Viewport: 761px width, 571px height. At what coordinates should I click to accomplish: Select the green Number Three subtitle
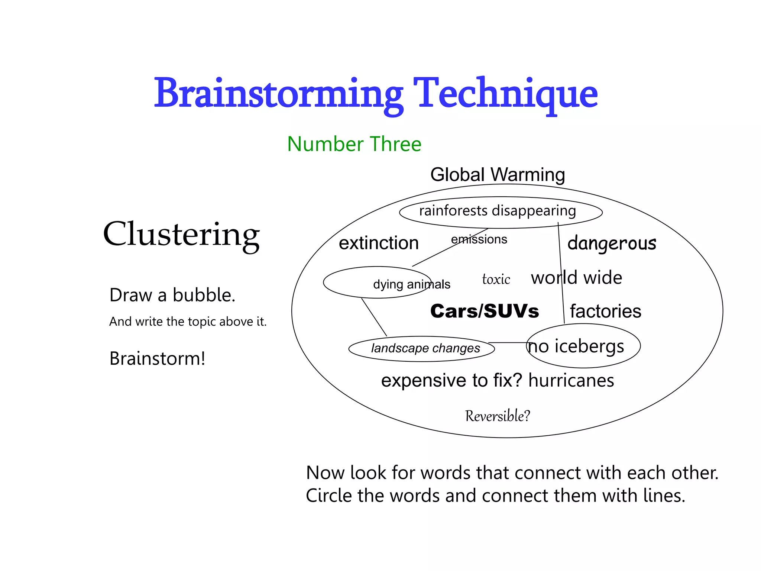pyautogui.click(x=354, y=144)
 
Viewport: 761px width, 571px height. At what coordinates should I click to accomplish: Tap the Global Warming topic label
pyautogui.click(x=498, y=175)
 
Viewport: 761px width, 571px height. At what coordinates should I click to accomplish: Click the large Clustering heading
pyautogui.click(x=181, y=234)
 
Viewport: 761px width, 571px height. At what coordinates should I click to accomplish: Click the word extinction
pyautogui.click(x=379, y=243)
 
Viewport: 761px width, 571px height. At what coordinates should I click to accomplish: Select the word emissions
pyautogui.click(x=479, y=239)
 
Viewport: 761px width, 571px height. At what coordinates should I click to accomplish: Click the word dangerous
pyautogui.click(x=612, y=243)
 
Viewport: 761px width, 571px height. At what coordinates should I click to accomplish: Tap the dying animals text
pyautogui.click(x=411, y=284)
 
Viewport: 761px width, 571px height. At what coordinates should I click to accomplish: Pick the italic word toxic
pyautogui.click(x=496, y=279)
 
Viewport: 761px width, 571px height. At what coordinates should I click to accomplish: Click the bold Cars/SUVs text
pyautogui.click(x=485, y=311)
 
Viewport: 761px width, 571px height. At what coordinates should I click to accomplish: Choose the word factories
pyautogui.click(x=605, y=311)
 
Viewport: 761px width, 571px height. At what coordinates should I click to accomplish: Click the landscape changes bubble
pyautogui.click(x=425, y=348)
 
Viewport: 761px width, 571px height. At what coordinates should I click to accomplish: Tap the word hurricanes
pyautogui.click(x=571, y=381)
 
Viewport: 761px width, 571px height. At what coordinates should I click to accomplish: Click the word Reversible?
pyautogui.click(x=498, y=416)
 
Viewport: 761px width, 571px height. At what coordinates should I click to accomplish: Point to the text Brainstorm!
pyautogui.click(x=157, y=359)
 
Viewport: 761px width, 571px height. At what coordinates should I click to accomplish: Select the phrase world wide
pyautogui.click(x=576, y=278)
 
